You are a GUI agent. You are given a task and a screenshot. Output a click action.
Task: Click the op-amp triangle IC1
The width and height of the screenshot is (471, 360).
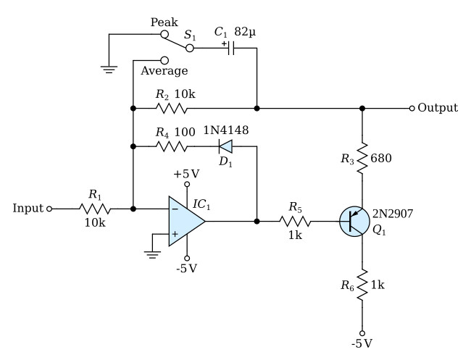click(x=185, y=221)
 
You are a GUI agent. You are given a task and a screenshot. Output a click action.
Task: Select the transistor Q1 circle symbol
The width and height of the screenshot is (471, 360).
click(x=354, y=221)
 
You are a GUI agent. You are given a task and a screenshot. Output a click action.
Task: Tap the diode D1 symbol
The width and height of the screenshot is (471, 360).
click(x=225, y=146)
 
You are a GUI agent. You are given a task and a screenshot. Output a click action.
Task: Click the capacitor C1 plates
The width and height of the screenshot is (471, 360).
click(x=230, y=48)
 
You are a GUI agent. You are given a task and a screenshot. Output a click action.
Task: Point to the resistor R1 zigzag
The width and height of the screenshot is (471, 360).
click(x=95, y=209)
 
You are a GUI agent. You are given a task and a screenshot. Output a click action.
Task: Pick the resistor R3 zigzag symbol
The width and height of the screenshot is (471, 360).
click(x=362, y=158)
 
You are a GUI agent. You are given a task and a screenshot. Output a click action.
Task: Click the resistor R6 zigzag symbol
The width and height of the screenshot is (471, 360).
click(x=362, y=285)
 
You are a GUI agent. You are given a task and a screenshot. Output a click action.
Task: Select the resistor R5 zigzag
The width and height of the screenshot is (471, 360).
click(x=295, y=221)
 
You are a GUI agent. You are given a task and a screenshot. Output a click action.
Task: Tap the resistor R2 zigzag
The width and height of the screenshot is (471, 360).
click(x=171, y=108)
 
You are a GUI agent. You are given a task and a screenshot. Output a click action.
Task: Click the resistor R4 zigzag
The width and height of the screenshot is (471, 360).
click(x=171, y=146)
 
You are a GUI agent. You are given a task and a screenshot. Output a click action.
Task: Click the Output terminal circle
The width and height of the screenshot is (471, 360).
click(x=412, y=108)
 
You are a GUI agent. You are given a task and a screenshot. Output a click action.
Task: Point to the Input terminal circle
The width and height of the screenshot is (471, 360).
click(x=49, y=209)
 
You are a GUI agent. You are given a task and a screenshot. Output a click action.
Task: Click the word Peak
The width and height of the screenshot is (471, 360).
click(x=164, y=22)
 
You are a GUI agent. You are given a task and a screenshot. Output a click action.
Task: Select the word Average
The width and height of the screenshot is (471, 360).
click(x=164, y=71)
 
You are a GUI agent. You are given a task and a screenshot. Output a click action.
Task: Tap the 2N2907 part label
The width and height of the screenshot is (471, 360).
click(x=393, y=214)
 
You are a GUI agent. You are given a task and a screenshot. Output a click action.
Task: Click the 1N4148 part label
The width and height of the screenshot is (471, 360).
click(x=226, y=130)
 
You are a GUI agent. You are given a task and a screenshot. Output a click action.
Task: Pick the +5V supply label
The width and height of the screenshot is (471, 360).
click(x=186, y=174)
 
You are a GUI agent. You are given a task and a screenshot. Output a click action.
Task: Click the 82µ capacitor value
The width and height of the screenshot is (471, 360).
click(x=245, y=31)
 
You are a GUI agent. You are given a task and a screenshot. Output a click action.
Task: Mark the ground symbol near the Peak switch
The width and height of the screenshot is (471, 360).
click(x=109, y=70)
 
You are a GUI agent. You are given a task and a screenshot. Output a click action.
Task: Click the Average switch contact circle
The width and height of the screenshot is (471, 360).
click(x=164, y=60)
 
